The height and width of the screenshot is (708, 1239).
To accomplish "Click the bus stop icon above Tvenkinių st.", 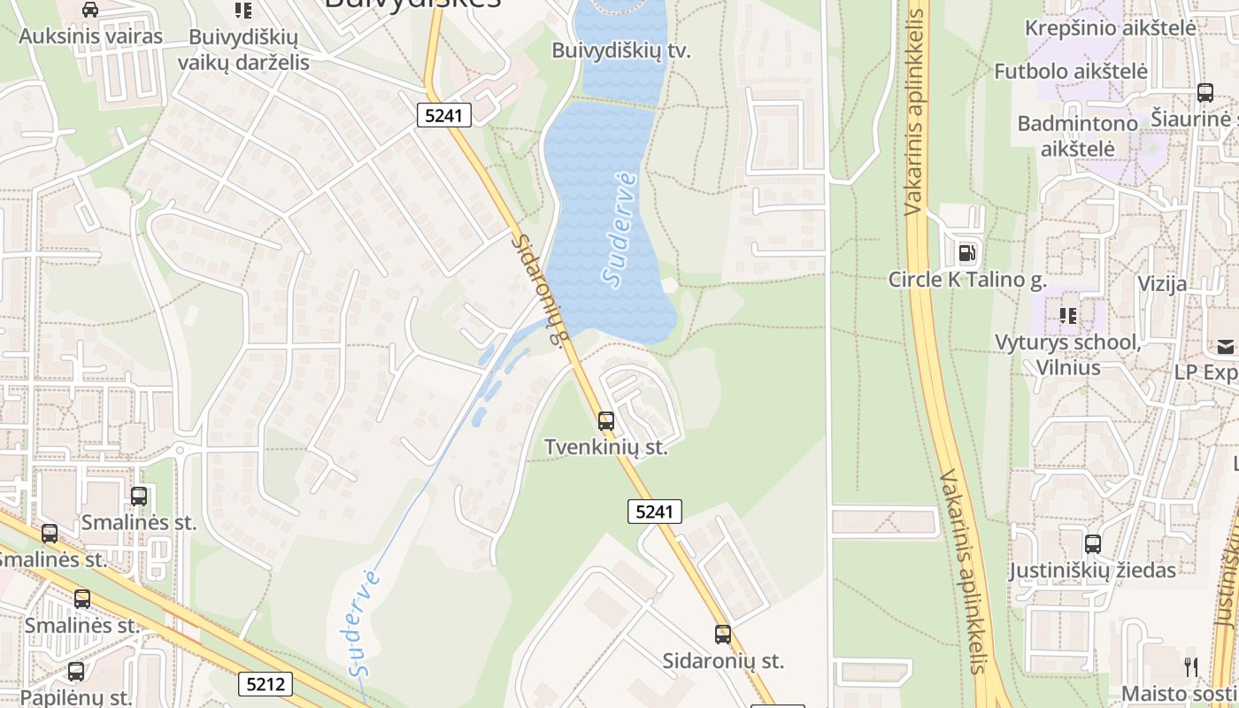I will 605,421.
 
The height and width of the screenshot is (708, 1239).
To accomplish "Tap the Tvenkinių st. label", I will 605,448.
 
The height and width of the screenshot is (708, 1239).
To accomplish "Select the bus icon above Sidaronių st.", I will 723,635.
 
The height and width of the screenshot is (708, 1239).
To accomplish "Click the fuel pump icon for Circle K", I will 966,253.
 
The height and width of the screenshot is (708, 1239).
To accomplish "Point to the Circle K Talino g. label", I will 967,280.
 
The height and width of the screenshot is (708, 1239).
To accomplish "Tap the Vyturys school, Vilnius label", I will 1067,354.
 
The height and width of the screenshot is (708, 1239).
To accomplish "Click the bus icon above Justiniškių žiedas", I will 1093,544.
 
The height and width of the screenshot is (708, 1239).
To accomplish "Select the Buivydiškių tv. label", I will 620,50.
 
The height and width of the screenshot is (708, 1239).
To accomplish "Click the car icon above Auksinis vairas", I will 89,10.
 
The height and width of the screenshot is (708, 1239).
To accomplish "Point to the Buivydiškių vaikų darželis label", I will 242,50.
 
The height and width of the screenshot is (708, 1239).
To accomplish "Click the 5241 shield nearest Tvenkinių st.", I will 655,512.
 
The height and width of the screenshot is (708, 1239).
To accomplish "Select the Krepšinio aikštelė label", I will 1110,27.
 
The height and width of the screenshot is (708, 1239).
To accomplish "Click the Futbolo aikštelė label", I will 1070,71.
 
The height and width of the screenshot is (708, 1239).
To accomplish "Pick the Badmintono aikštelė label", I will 1077,135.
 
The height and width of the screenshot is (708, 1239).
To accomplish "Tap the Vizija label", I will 1162,284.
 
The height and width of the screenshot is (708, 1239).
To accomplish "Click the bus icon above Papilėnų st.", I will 76,672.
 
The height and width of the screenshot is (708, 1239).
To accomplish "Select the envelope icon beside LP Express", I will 1226,346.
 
